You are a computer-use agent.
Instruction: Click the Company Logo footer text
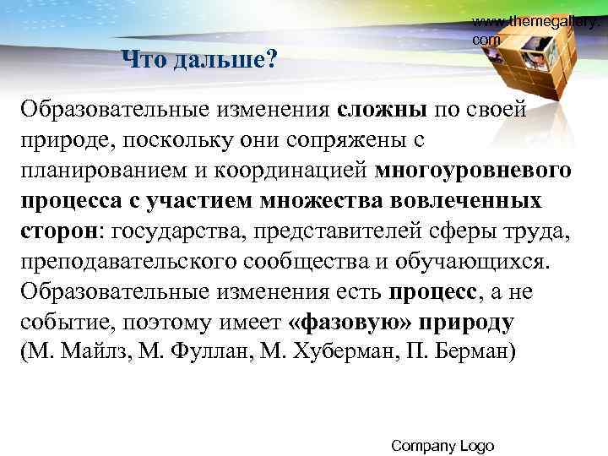pyautogui.click(x=443, y=445)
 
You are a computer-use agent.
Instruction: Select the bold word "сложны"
pyautogui.click(x=385, y=109)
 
